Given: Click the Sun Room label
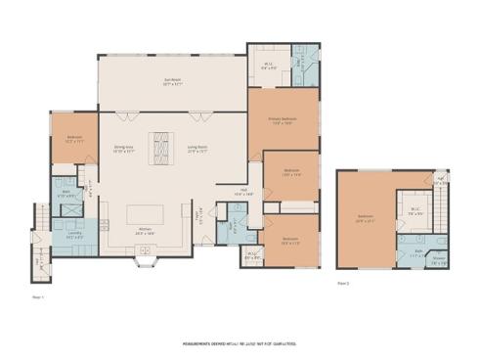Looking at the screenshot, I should (172, 83).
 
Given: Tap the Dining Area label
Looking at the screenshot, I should (123, 150).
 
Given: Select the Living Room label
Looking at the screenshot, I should (198, 150).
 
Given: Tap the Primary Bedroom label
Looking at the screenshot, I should (283, 121).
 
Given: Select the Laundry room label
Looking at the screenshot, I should (73, 236).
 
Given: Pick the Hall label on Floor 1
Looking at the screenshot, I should (243, 192).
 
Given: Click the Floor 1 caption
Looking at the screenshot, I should (39, 295).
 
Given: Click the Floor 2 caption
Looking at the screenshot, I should (343, 281).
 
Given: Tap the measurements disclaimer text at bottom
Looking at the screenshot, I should (239, 344).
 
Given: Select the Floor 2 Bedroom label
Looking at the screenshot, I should (365, 218).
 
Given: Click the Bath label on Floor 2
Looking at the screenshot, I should (417, 251).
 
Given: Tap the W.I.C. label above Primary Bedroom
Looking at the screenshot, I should (269, 66).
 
